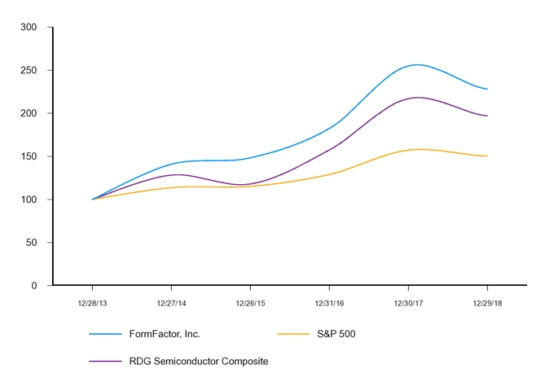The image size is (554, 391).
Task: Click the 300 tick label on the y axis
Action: [x=29, y=27]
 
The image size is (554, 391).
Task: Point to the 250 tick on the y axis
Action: [x=29, y=70]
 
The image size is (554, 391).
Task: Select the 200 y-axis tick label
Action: [x=29, y=113]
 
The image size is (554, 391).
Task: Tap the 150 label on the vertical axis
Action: [x=29, y=156]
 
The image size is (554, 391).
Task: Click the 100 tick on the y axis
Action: [x=29, y=200]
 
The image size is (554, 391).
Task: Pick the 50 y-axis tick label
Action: [x=32, y=243]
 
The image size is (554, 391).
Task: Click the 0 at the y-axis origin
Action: [x=34, y=286]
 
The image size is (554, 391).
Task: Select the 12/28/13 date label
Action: [x=92, y=302]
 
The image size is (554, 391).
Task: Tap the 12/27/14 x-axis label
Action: [x=171, y=302]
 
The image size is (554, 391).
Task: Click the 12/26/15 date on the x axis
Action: [x=250, y=302]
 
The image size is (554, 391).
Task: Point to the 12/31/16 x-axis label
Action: [x=329, y=302]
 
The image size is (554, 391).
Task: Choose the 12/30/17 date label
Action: [x=408, y=302]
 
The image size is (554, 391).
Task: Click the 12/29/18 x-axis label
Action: [x=487, y=302]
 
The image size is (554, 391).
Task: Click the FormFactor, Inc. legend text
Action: [x=165, y=334]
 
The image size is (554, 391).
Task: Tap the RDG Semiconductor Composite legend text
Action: [x=198, y=361]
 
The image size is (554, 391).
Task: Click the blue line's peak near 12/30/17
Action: [x=417, y=64]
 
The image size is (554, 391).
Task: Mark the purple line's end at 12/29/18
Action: [x=487, y=116]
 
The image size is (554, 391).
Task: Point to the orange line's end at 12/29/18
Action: [x=487, y=156]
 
